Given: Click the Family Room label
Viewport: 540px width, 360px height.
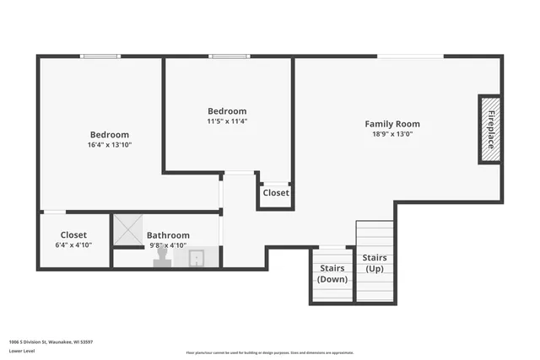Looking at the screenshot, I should click(391, 124).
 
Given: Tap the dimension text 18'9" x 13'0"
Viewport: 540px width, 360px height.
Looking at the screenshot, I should click(391, 134).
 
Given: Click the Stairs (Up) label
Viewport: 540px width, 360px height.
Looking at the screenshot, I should click(375, 262).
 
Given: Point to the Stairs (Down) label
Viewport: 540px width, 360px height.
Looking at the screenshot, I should click(332, 273).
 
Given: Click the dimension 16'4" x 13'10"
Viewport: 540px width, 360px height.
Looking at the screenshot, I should click(110, 145).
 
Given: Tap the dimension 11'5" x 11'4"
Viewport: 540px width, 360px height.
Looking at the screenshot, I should click(227, 121).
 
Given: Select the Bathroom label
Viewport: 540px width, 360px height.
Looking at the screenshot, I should click(168, 235).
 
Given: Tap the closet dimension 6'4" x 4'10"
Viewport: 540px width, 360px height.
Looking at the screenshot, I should click(73, 245).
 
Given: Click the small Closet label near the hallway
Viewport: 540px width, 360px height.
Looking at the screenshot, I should click(275, 193).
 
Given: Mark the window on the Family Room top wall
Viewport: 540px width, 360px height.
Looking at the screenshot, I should click(410, 56).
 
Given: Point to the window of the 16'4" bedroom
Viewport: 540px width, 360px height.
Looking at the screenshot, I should click(100, 56).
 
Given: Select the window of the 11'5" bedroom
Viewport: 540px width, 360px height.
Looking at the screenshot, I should click(229, 56).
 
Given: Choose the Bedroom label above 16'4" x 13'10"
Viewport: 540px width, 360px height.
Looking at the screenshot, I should click(110, 135).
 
